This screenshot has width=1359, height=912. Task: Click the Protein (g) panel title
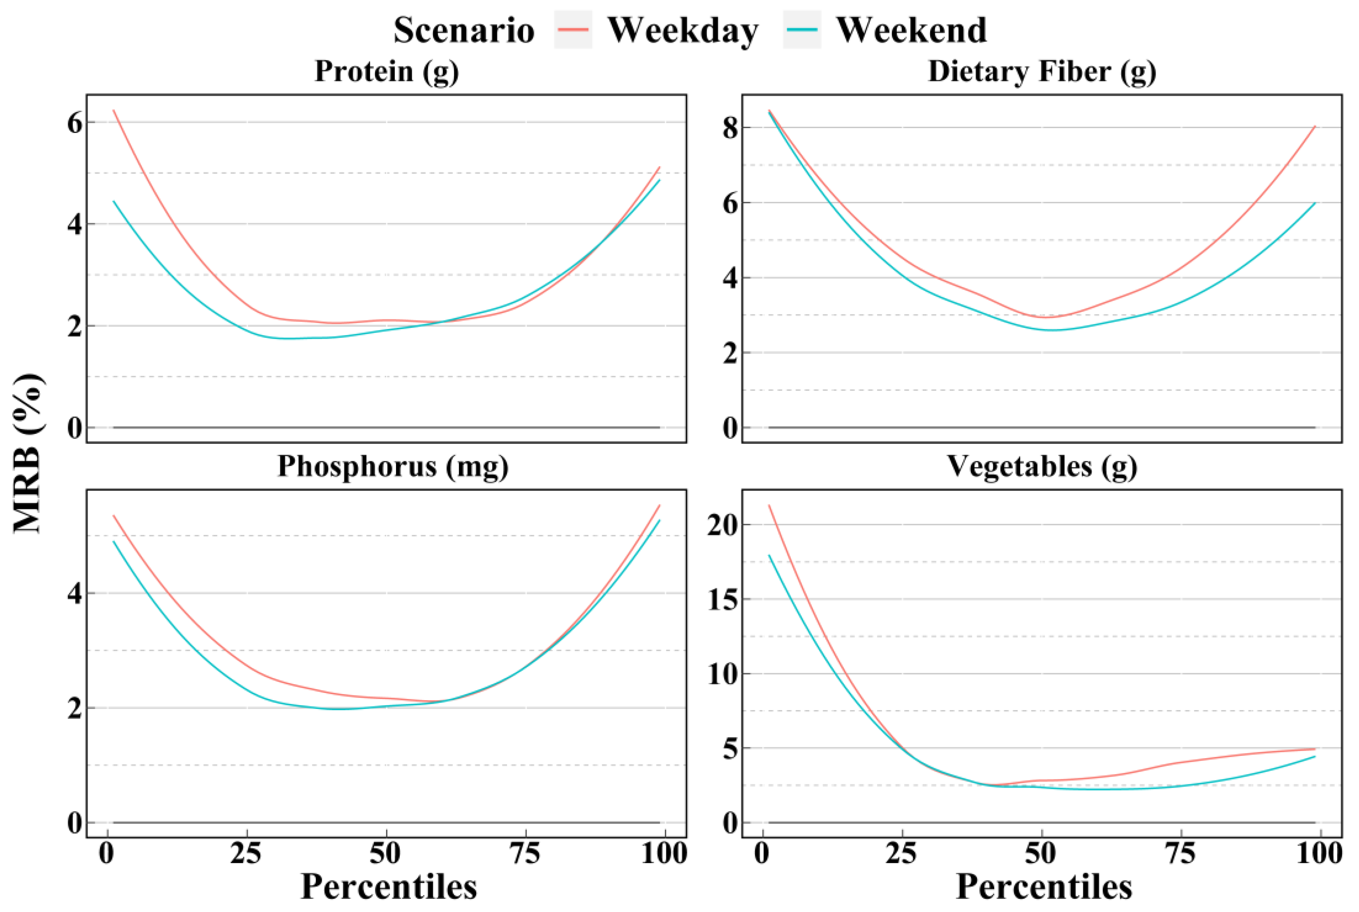coord(387,71)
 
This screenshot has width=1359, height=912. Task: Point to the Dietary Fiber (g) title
coord(1042,71)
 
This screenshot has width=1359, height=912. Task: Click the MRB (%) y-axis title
coord(28,454)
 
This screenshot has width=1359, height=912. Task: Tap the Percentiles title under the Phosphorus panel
coord(389,887)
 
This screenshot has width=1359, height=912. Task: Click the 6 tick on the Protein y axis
coord(74,123)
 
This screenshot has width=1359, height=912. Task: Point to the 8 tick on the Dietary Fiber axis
coord(730,128)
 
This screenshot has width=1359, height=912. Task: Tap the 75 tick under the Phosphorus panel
coord(526,854)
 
